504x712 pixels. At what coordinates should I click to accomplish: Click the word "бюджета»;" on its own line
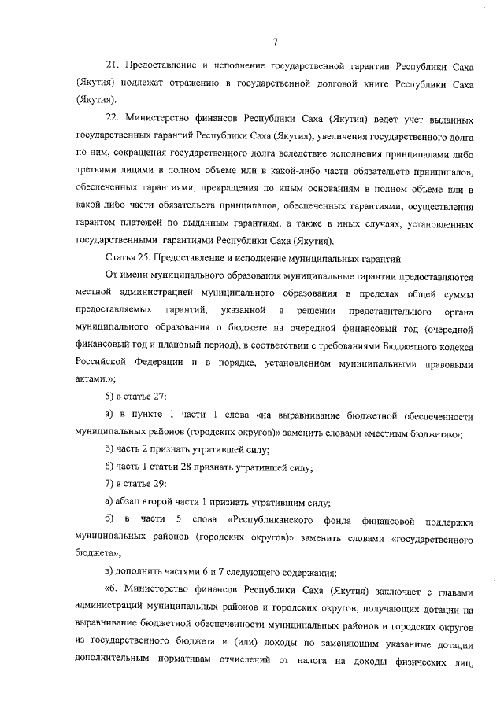(x=98, y=554)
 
